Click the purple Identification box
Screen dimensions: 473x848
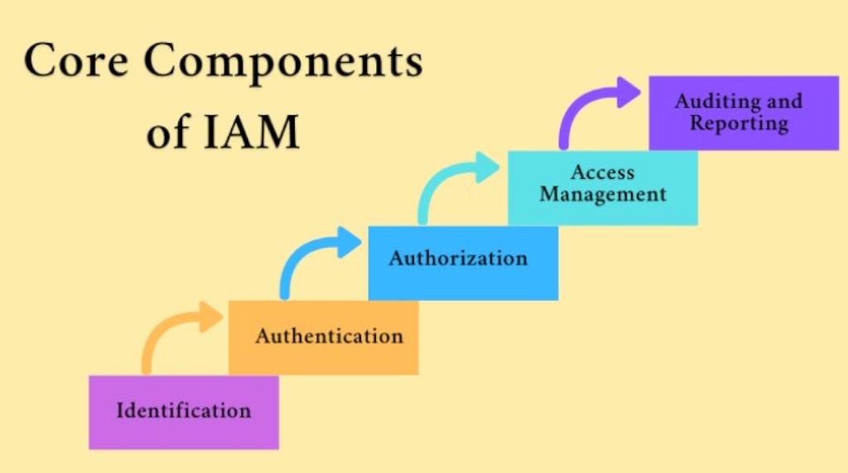[x=183, y=412]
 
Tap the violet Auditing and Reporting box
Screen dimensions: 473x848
[x=743, y=113]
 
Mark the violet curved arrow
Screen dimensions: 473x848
[x=585, y=108]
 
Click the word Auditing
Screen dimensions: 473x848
[x=714, y=102]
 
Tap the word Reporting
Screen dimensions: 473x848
[x=739, y=123]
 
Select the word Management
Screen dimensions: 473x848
[x=602, y=195]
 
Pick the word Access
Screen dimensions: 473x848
[x=602, y=173]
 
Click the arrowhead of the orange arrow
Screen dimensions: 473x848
[x=210, y=317]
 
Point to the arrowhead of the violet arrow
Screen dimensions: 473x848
[x=629, y=92]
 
